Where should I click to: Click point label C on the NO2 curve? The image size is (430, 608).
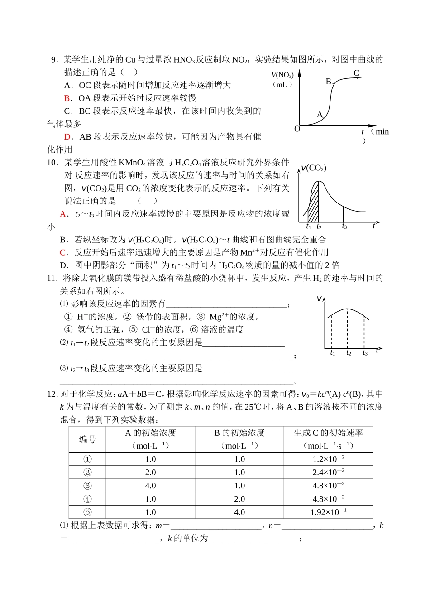[356, 73]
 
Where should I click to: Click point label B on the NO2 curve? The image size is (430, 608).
[329, 82]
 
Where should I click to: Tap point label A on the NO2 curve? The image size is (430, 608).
[319, 115]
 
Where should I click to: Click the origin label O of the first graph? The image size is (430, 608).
[297, 129]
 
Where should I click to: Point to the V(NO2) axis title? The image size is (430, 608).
[282, 75]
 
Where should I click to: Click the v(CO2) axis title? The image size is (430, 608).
[314, 168]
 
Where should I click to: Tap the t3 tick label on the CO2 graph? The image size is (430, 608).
[344, 227]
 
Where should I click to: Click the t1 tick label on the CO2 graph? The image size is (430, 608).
[309, 227]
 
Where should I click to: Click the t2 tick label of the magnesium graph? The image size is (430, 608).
[348, 353]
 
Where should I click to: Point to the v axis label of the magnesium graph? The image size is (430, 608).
[320, 299]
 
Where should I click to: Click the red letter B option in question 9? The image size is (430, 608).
[67, 98]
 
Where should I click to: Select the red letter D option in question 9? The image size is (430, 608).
[67, 136]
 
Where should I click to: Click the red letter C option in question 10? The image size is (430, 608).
[63, 252]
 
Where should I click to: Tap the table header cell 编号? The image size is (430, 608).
[87, 439]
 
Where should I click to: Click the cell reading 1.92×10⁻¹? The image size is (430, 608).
[328, 512]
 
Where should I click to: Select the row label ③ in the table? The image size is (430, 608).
[87, 486]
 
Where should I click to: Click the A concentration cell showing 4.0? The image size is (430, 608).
[150, 486]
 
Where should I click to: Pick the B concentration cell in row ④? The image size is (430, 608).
[239, 499]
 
